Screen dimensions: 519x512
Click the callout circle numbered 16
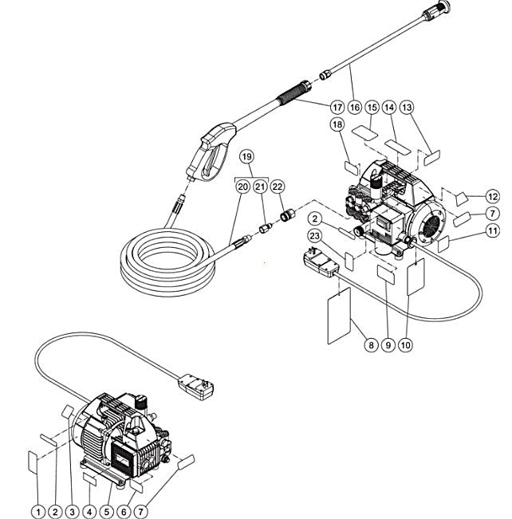click(354, 107)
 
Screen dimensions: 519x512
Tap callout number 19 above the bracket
click(247, 157)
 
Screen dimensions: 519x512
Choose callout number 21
click(261, 186)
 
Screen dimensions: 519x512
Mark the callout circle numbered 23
click(316, 236)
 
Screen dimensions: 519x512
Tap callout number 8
click(369, 346)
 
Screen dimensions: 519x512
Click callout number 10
click(407, 346)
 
